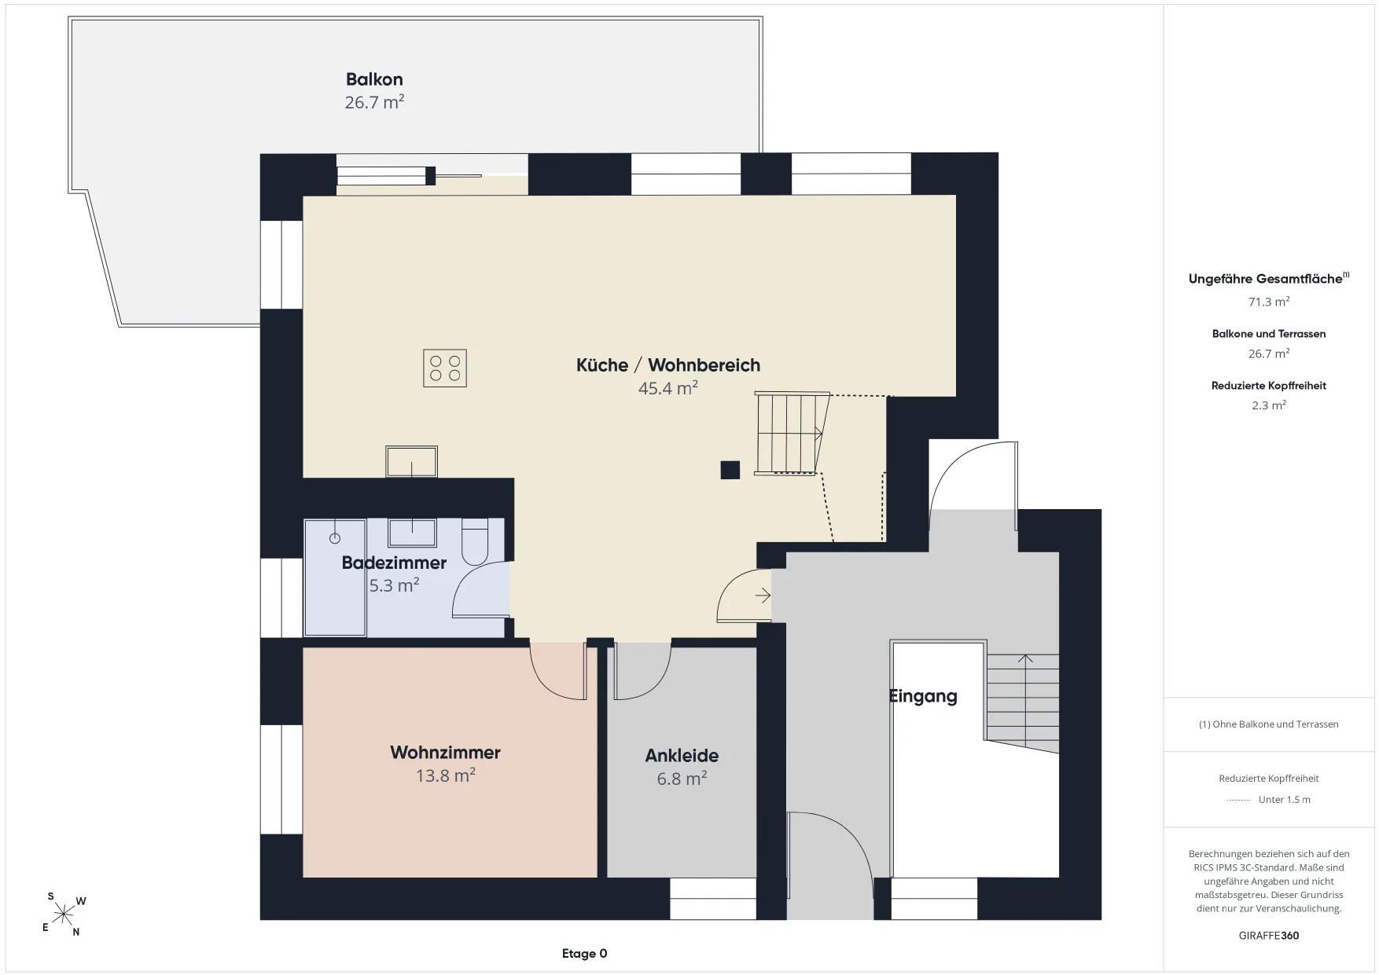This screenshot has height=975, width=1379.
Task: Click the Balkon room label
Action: [x=374, y=79]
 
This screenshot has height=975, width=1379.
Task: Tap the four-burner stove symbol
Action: [x=445, y=368]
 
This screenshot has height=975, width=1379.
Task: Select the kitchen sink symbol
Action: [x=411, y=461]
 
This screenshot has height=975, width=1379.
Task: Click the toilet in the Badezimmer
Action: [x=475, y=541]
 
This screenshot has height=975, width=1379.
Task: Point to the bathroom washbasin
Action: [x=411, y=533]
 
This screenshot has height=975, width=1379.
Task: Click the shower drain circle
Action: [x=335, y=538]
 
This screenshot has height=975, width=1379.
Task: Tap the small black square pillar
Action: [x=730, y=470]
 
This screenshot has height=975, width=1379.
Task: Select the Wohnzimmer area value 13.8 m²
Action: [x=445, y=775]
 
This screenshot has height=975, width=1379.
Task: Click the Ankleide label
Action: [x=682, y=756]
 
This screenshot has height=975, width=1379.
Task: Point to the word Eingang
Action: [x=923, y=697]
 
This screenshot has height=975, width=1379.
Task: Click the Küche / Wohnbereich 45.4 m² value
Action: [x=668, y=388]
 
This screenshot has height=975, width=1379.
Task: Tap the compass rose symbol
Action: [x=63, y=915]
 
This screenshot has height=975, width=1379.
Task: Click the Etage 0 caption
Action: [x=584, y=954]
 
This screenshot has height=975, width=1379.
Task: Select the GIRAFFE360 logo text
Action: [x=1269, y=936]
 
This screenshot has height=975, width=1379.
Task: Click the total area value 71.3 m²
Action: [x=1269, y=302]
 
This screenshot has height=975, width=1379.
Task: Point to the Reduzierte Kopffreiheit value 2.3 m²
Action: [x=1269, y=405]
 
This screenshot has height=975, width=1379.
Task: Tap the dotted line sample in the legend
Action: [x=1238, y=800]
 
